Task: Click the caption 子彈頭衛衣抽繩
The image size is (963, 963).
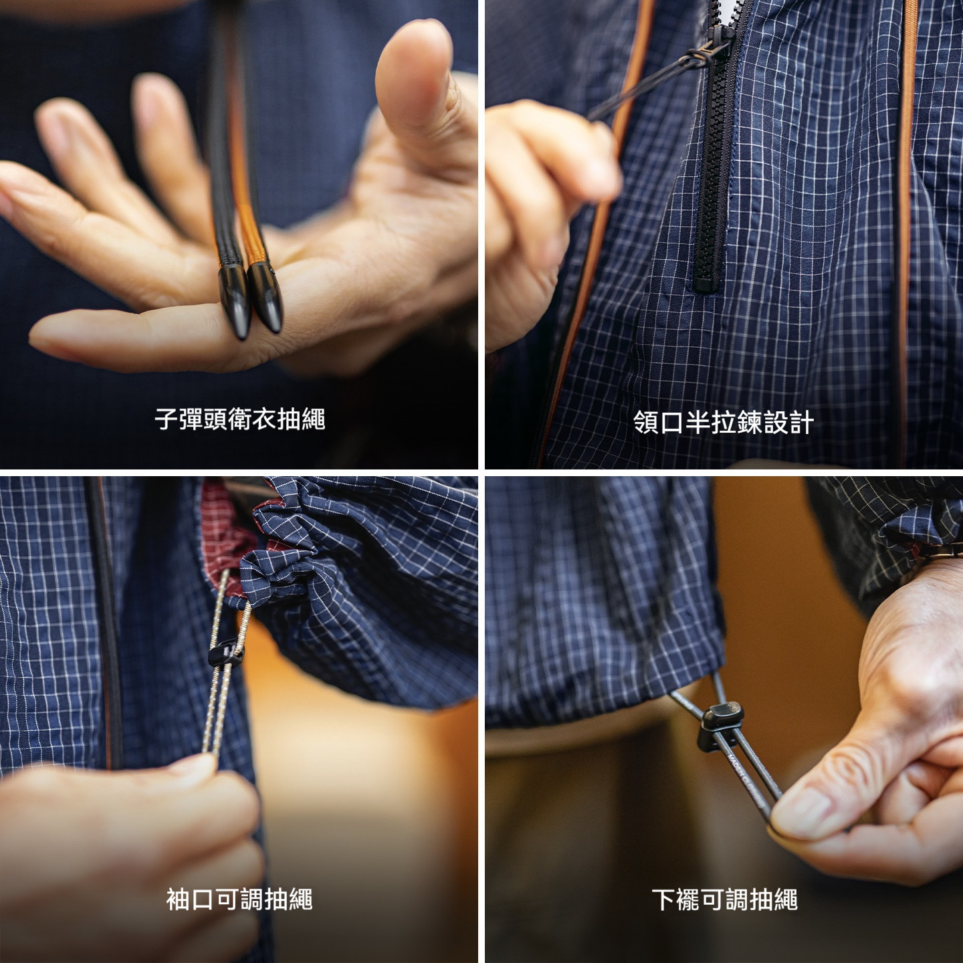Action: pyautogui.click(x=239, y=420)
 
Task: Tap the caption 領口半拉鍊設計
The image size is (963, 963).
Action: pyautogui.click(x=723, y=423)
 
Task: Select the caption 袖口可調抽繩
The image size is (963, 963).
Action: pyautogui.click(x=239, y=899)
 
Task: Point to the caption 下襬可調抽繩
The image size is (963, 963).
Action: pyautogui.click(x=724, y=899)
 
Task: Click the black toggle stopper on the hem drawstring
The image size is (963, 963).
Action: pyautogui.click(x=720, y=723)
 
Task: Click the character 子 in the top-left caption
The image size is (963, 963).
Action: pyautogui.click(x=166, y=420)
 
